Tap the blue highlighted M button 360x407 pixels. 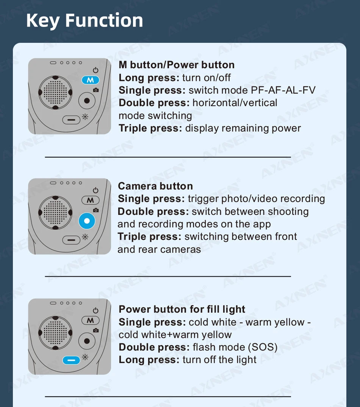[90, 80]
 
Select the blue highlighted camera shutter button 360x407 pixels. [87, 221]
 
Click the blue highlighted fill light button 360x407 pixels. [71, 360]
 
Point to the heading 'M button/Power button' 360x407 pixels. [177, 65]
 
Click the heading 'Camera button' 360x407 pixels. [155, 186]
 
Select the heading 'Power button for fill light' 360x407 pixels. [182, 309]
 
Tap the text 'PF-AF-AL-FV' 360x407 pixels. [283, 90]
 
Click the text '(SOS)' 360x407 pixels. [263, 347]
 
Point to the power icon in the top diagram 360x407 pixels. [96, 70]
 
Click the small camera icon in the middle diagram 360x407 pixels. [96, 210]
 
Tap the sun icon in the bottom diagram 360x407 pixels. [85, 357]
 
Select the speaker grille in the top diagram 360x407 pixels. [55, 92]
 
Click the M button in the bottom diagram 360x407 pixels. [90, 321]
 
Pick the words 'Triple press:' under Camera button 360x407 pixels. [150, 237]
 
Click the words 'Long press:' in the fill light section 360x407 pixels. [149, 360]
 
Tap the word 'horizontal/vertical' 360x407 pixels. [235, 103]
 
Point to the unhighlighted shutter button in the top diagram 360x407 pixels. [87, 100]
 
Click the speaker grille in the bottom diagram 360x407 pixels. [55, 332]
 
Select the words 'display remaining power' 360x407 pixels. [243, 128]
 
